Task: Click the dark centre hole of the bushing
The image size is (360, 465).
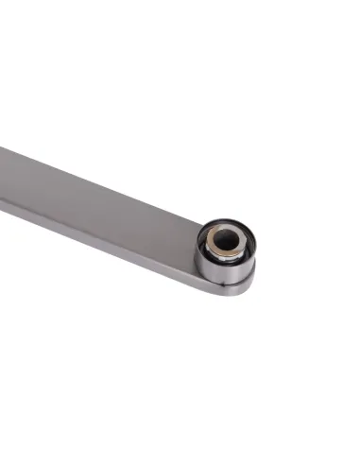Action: click(225, 242)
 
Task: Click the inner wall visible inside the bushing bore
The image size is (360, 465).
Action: click(221, 236)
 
